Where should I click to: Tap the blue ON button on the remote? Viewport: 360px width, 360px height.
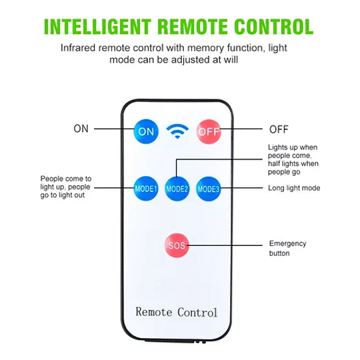[x=146, y=131]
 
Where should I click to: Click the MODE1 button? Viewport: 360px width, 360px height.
[x=146, y=189]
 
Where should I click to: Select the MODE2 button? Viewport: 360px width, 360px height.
[x=177, y=189]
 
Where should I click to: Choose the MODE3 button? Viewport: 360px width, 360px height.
[x=209, y=189]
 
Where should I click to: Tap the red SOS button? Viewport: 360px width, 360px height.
[x=177, y=245]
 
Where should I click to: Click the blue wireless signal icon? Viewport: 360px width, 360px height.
[x=177, y=131]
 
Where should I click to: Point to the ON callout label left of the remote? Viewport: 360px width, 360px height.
[x=81, y=129]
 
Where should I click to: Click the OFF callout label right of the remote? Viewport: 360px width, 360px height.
[x=279, y=129]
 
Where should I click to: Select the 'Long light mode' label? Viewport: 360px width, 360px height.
[x=294, y=188]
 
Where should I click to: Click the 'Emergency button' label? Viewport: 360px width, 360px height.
[x=288, y=248]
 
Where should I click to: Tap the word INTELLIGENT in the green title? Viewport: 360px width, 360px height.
[x=97, y=27]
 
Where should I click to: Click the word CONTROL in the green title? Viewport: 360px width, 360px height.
[x=274, y=27]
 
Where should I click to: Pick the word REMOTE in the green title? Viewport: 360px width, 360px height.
[x=193, y=27]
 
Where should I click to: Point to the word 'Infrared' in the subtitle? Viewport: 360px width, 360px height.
[x=78, y=48]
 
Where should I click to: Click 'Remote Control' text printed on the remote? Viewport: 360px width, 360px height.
[x=176, y=312]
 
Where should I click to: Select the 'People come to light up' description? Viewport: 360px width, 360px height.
[x=66, y=187]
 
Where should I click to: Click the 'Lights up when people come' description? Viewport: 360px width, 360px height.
[x=293, y=159]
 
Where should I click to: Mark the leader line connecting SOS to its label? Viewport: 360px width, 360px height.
[x=225, y=245]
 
